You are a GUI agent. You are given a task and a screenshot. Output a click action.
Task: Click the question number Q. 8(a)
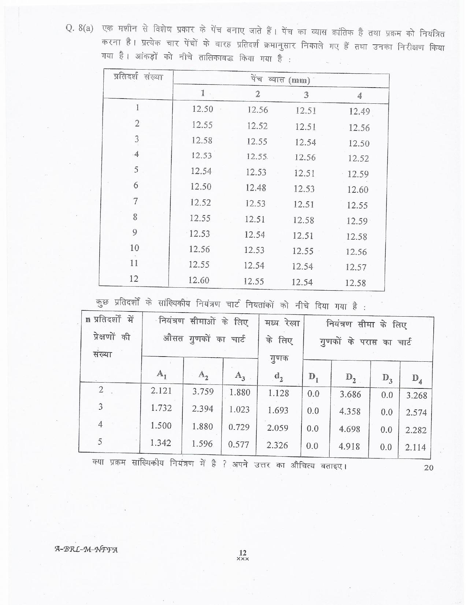[x=79, y=29]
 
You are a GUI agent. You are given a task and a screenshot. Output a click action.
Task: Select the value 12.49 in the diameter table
[x=359, y=111]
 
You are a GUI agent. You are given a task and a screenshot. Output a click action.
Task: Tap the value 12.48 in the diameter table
[x=256, y=188]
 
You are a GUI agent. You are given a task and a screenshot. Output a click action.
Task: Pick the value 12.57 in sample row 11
[x=356, y=268]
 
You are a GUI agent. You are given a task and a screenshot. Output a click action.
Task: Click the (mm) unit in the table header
[x=299, y=81]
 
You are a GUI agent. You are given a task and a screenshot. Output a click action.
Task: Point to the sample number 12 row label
[x=134, y=279]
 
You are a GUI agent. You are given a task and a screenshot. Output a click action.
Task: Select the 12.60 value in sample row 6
[x=357, y=190]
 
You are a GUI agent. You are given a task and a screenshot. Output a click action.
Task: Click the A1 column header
[x=162, y=374]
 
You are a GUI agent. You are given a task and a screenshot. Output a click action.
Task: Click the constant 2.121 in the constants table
[x=161, y=391]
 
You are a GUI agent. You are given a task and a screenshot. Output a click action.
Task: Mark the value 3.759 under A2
[x=203, y=391]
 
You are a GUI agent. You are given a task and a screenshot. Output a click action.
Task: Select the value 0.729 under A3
[x=239, y=427]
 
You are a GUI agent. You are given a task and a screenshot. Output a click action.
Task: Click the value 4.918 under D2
[x=349, y=446]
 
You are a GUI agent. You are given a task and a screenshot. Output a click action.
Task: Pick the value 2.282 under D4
[x=416, y=430]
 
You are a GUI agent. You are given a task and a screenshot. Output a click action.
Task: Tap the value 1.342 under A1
[x=161, y=443]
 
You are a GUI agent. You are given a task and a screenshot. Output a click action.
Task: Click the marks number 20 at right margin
[x=428, y=468]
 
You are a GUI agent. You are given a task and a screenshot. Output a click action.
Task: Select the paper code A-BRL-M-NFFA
[x=86, y=549]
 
